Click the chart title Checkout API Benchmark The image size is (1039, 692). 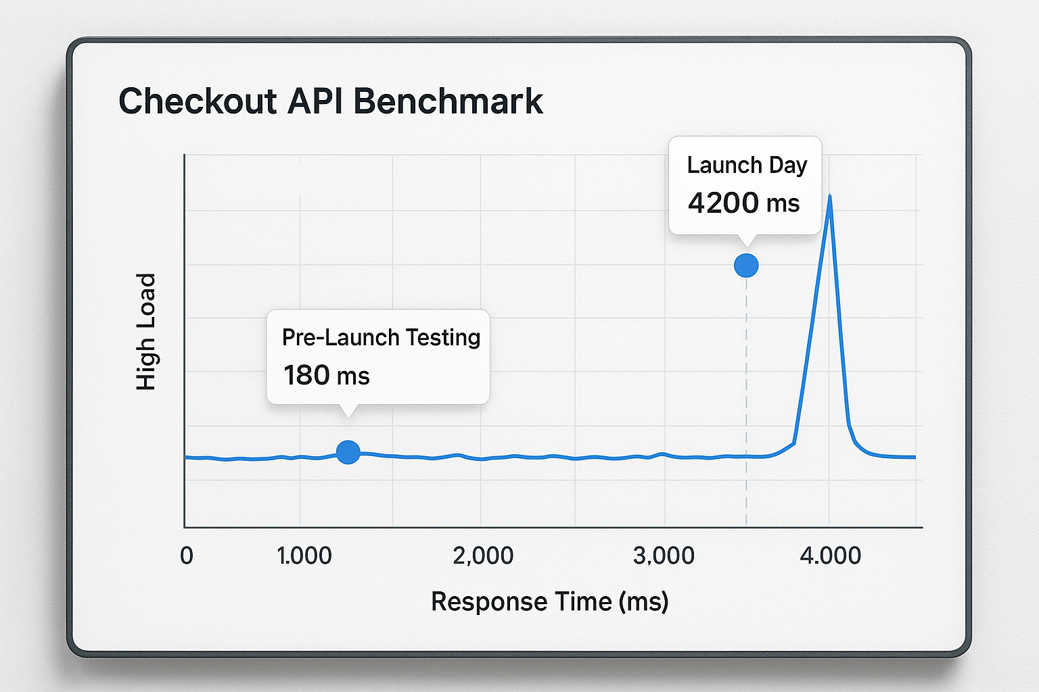click(x=330, y=101)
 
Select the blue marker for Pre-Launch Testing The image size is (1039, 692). click(x=348, y=451)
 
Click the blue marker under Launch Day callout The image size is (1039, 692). click(x=746, y=266)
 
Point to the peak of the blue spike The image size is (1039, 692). click(x=829, y=197)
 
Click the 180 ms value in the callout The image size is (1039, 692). click(x=326, y=376)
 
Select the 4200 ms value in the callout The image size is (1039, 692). click(x=743, y=203)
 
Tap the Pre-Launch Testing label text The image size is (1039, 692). click(x=381, y=337)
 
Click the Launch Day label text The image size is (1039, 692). click(x=747, y=165)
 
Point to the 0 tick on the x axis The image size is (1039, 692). click(x=187, y=555)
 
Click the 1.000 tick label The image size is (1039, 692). click(x=304, y=555)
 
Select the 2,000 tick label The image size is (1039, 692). click(x=483, y=555)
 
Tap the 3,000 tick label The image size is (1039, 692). click(x=664, y=555)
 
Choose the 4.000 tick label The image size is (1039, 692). click(x=830, y=555)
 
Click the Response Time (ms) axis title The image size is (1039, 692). click(x=549, y=601)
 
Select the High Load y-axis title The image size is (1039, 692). click(x=146, y=331)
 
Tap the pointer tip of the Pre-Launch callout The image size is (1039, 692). click(x=348, y=414)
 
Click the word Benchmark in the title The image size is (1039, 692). click(x=448, y=101)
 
